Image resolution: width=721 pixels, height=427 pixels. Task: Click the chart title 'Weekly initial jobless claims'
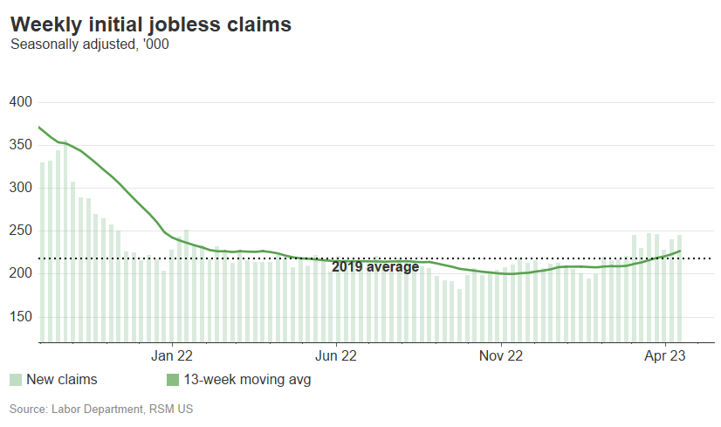pos(150,24)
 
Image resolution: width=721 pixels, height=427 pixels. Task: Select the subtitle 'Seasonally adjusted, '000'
pos(89,45)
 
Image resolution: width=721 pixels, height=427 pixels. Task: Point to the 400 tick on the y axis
pos(20,102)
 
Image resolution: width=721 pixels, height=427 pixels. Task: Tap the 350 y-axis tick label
pos(20,145)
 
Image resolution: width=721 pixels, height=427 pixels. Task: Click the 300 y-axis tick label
pos(20,188)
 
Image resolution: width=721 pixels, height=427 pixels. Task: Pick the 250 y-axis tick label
pos(20,231)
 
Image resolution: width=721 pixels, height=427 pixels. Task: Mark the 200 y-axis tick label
pos(20,273)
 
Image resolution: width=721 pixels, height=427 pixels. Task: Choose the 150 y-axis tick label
pos(20,316)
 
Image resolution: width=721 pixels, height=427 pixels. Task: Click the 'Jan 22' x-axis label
pos(172,355)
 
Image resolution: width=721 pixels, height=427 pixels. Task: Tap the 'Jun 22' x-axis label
pos(336,355)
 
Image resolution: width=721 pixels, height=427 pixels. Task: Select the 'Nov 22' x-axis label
pos(502,355)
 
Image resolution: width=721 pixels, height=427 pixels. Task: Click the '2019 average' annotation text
pos(375,267)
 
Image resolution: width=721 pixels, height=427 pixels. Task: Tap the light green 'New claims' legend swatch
pos(16,380)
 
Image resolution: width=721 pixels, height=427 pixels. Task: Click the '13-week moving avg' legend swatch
pos(172,380)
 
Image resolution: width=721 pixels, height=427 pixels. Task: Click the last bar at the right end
pos(679,288)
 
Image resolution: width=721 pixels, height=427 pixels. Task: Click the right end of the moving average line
pos(680,251)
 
